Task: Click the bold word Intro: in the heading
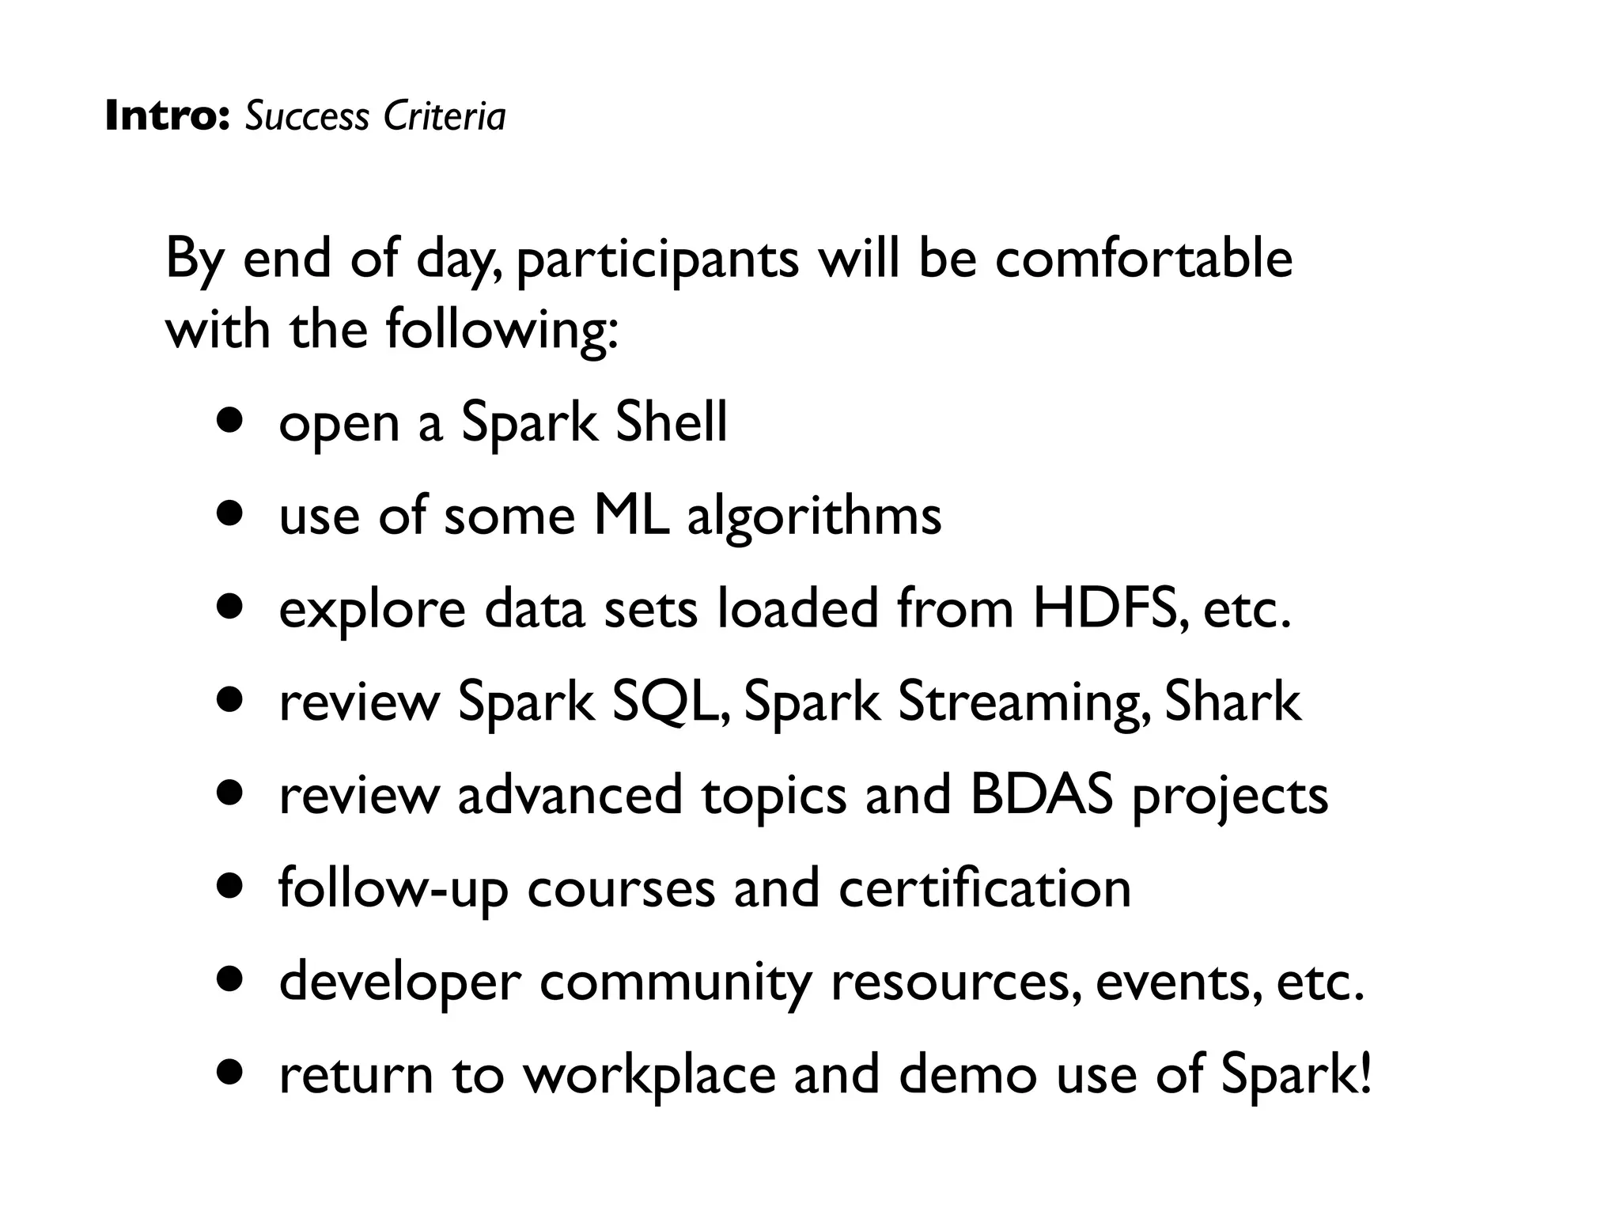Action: pos(166,116)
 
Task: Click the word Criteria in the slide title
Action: pos(444,116)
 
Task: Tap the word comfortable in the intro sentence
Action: pos(1144,259)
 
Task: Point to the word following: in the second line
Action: pos(502,331)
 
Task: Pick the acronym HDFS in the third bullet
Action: pos(1109,608)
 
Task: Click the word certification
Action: pos(984,888)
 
